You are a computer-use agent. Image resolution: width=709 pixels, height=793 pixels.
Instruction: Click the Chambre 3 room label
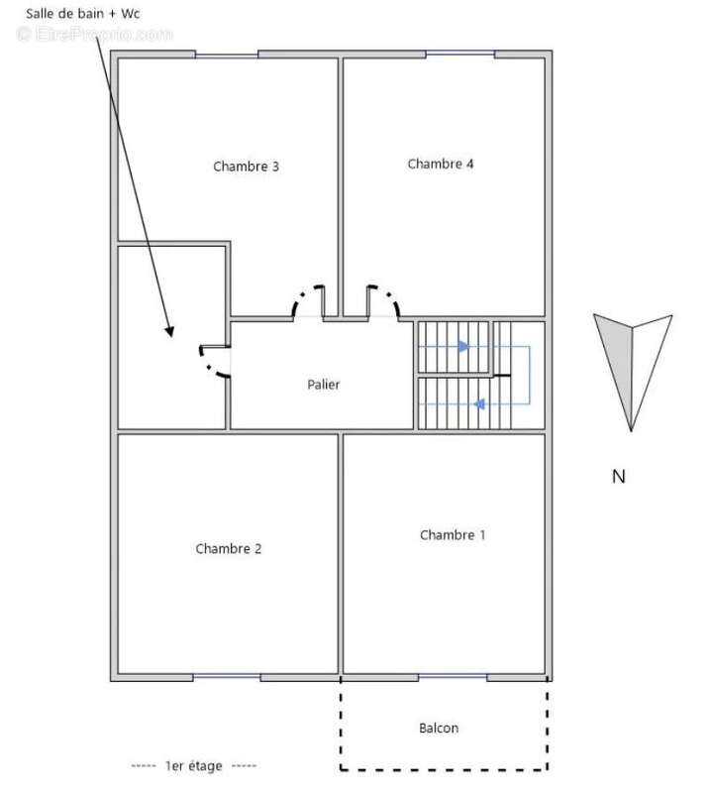(x=246, y=167)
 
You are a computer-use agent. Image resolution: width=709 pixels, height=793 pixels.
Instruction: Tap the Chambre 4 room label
(x=441, y=164)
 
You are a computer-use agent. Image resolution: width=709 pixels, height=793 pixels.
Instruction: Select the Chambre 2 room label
(x=229, y=549)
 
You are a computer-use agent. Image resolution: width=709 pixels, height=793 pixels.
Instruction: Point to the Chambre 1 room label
(x=453, y=535)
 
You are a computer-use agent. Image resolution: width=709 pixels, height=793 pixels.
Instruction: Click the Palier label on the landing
(x=324, y=385)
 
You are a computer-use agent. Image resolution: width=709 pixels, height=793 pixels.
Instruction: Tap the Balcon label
(x=439, y=728)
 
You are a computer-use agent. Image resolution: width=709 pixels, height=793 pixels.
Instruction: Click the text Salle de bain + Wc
(x=83, y=14)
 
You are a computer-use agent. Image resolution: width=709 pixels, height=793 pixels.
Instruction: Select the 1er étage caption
(x=194, y=765)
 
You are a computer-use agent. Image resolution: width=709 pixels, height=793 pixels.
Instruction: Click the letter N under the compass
(x=619, y=477)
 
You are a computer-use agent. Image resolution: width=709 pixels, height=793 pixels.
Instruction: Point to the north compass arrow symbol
(x=632, y=372)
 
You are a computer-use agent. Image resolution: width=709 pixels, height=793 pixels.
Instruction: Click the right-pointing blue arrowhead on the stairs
(x=463, y=346)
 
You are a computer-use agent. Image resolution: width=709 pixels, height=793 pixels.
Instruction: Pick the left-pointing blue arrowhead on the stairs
(x=479, y=404)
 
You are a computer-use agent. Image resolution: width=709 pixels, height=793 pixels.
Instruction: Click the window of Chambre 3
(x=227, y=55)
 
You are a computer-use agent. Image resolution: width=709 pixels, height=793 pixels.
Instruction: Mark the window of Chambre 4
(x=459, y=55)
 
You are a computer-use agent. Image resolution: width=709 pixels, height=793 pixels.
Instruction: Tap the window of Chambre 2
(x=227, y=677)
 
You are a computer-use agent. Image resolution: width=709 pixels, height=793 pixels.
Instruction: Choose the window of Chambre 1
(x=453, y=677)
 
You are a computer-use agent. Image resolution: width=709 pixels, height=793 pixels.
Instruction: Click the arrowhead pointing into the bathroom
(x=169, y=331)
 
